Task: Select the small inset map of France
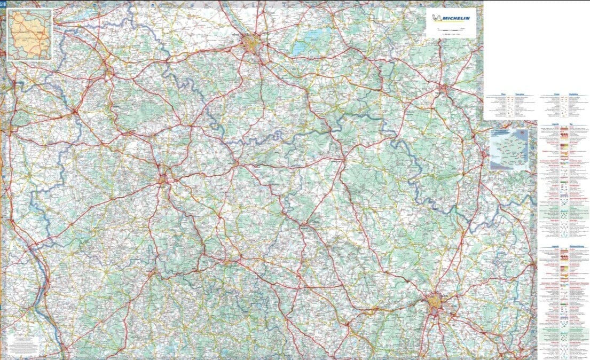(x=509, y=150)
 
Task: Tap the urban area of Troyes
(x=251, y=42)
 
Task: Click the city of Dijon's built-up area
(x=435, y=303)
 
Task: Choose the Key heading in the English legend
(x=571, y=124)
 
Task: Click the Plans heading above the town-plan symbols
(x=504, y=93)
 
